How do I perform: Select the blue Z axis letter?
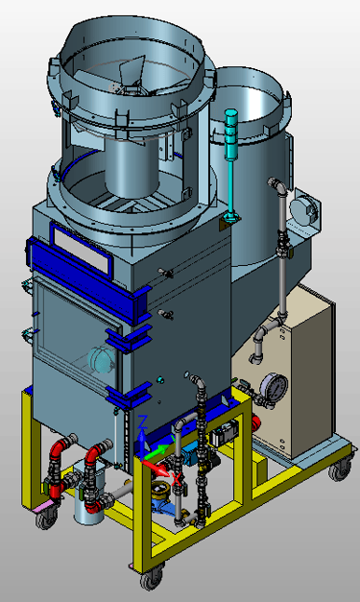click(x=142, y=421)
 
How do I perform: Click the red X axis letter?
click(x=177, y=479)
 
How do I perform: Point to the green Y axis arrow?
click(x=158, y=451)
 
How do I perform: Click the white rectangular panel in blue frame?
click(x=81, y=250)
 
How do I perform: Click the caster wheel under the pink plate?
click(x=46, y=520)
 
